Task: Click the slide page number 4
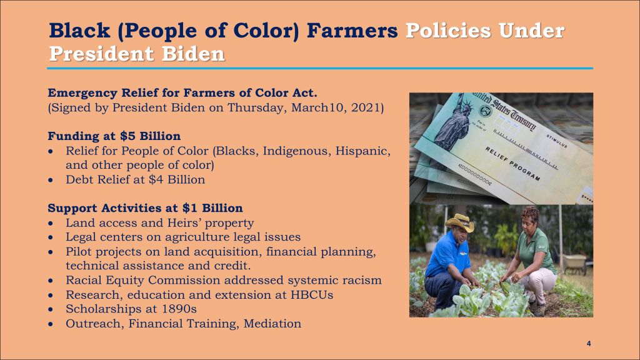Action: click(x=589, y=344)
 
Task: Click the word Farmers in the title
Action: click(x=352, y=31)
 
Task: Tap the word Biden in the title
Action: click(x=193, y=54)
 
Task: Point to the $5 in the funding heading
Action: click(x=127, y=136)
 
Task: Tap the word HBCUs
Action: click(x=312, y=295)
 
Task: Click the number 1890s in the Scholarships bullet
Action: click(x=179, y=309)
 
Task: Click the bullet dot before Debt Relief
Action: click(x=50, y=180)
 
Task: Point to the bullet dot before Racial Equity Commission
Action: click(x=50, y=281)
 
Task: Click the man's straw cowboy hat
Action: click(x=461, y=222)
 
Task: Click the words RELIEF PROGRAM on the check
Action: click(x=512, y=164)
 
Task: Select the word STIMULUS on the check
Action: click(x=557, y=141)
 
